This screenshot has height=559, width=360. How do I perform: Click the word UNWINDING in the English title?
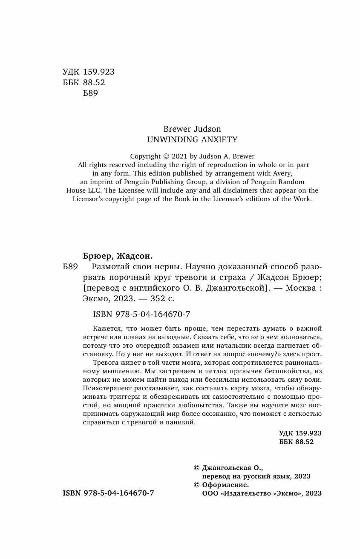[x=168, y=139]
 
